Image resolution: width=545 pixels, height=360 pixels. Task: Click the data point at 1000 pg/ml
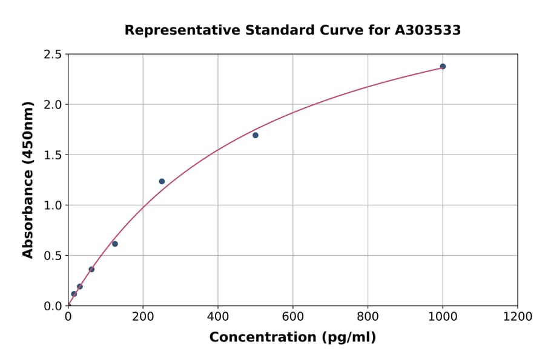pos(443,67)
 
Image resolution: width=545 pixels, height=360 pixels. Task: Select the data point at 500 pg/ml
pos(256,135)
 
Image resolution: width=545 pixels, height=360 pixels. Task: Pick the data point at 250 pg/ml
pos(162,181)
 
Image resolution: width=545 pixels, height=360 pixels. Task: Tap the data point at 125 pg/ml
pos(115,244)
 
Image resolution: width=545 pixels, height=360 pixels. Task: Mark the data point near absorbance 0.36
pos(91,269)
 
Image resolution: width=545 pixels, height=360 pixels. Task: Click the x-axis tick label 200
pos(143,316)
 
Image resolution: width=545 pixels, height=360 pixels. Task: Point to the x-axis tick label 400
pos(218,316)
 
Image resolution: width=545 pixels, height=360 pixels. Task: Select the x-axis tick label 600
pos(293,316)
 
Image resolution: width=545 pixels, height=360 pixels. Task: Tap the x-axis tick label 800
pos(368,316)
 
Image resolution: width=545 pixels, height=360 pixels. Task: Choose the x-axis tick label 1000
pos(443,316)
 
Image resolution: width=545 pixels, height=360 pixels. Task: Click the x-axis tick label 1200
pos(518,316)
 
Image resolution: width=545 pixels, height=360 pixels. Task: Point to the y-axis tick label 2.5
pos(53,55)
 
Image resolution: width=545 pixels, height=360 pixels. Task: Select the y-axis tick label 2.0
pos(53,105)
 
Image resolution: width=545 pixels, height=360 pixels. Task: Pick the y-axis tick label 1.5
pos(53,155)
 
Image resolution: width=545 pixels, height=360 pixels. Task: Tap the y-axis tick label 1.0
pos(53,205)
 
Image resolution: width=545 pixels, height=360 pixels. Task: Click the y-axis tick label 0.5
pos(53,256)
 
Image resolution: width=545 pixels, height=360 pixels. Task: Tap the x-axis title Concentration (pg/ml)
pos(292,338)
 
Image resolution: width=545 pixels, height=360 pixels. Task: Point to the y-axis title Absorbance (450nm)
pos(28,179)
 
